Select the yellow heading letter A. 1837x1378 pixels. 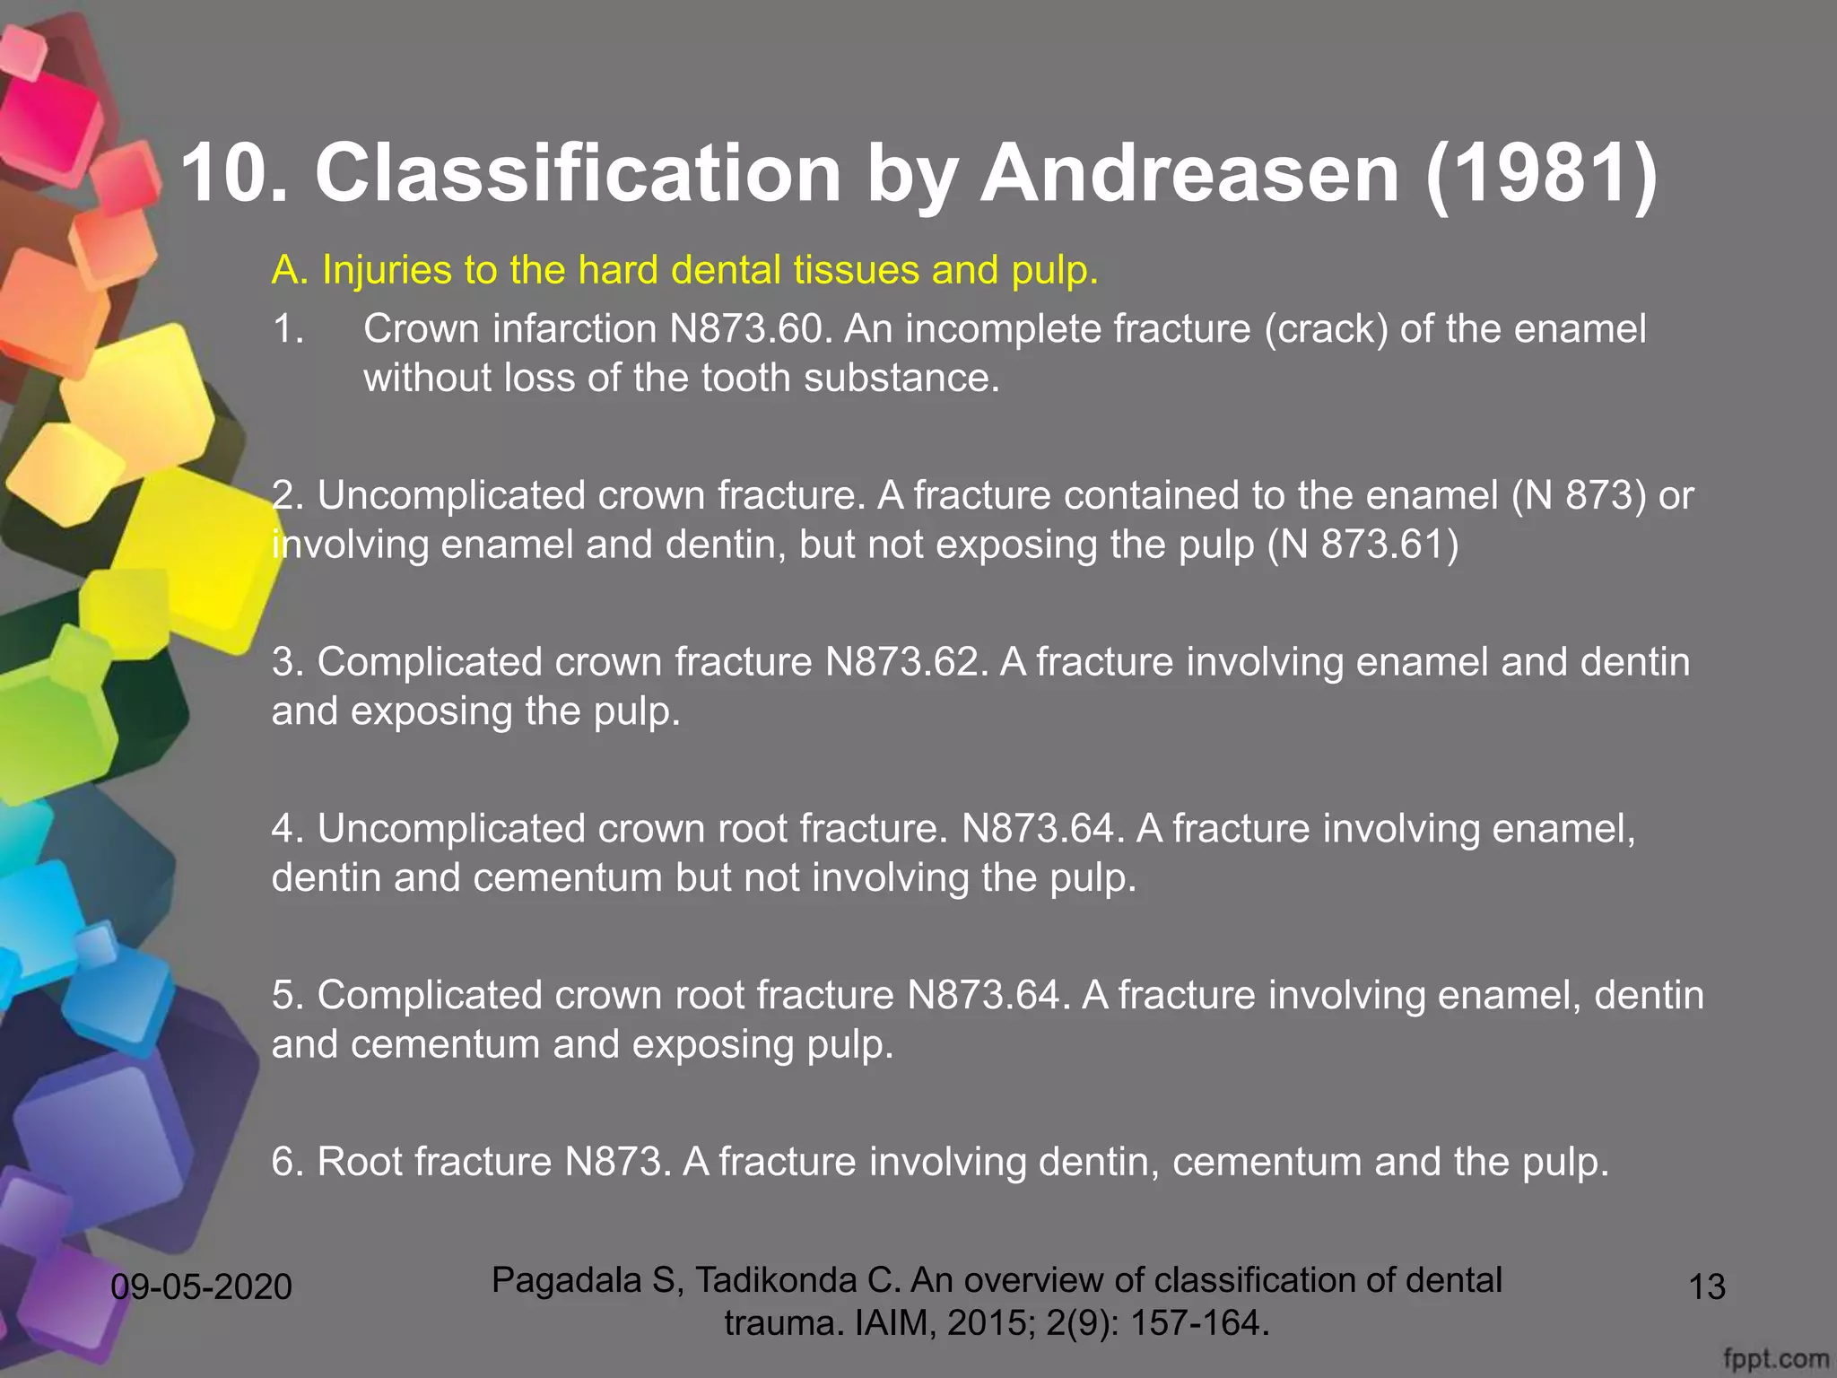[290, 270]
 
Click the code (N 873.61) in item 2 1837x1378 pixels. [1363, 545]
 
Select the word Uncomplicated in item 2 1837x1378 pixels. [451, 495]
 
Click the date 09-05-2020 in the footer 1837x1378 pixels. [201, 1286]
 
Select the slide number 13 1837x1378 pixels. [1706, 1286]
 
